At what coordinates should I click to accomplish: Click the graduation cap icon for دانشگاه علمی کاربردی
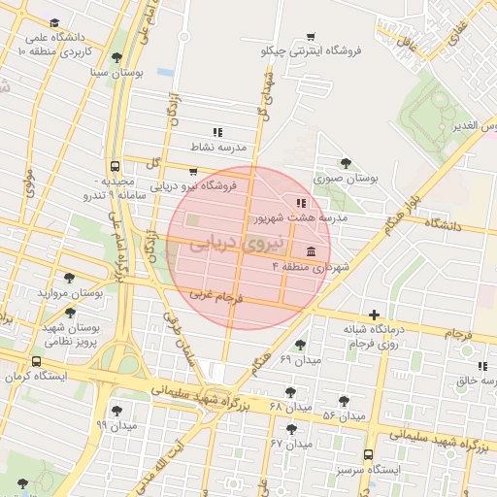[x=54, y=21]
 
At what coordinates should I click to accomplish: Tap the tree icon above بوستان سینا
[x=117, y=57]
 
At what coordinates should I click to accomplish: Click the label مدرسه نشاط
[x=218, y=147]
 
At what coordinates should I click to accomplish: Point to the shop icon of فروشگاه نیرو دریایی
[x=192, y=171]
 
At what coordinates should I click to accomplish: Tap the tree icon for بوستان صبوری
[x=345, y=163]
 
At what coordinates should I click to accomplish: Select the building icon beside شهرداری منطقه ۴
[x=310, y=251]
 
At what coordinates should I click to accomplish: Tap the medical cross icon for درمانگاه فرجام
[x=375, y=315]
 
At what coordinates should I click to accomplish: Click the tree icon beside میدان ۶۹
[x=301, y=345]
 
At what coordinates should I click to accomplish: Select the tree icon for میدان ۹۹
[x=117, y=411]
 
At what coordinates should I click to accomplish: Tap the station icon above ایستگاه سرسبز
[x=368, y=454]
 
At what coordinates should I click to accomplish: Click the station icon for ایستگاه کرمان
[x=38, y=360]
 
